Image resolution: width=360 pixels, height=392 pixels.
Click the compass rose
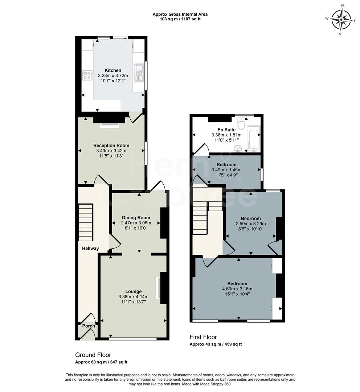[341, 20]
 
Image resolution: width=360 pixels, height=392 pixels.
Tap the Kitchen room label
[113, 70]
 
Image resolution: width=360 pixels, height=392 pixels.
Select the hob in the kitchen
[87, 75]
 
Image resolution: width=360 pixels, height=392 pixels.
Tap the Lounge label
[133, 291]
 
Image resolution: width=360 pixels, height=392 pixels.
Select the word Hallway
[90, 249]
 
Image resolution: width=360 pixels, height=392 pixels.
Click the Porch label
[88, 326]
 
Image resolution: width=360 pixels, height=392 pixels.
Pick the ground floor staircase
[86, 222]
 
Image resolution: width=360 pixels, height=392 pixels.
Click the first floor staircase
[200, 218]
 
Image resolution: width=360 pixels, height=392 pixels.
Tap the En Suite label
[226, 130]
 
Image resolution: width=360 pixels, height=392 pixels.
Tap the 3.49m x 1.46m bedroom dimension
[226, 170]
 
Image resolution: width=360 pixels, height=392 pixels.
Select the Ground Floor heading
[93, 355]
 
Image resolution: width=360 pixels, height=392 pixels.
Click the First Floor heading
[203, 337]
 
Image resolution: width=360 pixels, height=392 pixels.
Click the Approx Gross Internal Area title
[180, 15]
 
